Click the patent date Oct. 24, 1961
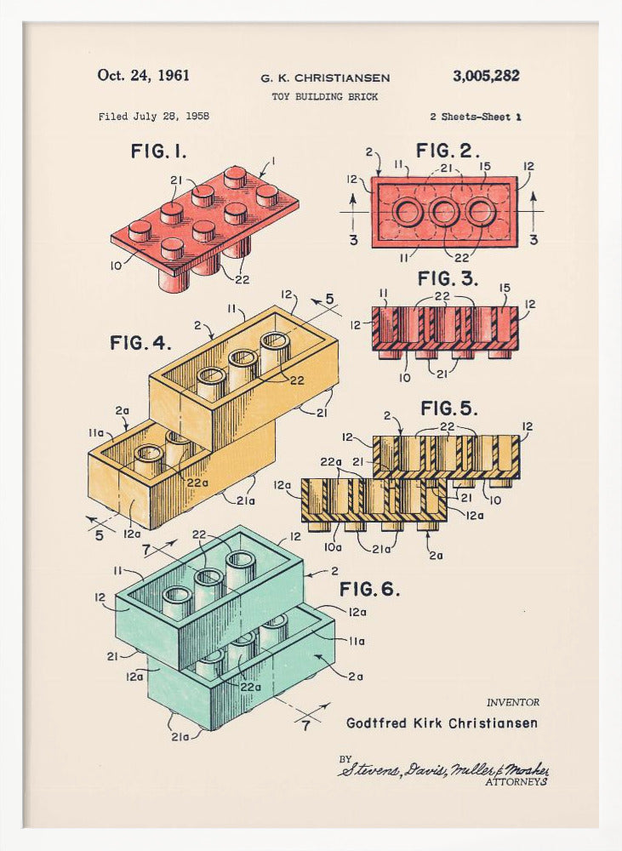tap(143, 76)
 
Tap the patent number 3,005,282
tap(486, 76)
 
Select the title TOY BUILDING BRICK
tap(325, 97)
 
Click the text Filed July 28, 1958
tap(153, 117)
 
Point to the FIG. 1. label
tap(158, 151)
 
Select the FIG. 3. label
tap(448, 278)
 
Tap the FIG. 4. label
tap(140, 343)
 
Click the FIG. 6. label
tap(369, 589)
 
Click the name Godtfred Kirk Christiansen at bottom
tap(442, 723)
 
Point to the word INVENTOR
tap(512, 702)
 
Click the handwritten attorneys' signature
tap(442, 768)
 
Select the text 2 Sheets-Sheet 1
tap(476, 117)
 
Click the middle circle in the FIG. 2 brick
tap(443, 212)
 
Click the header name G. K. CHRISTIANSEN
tap(325, 78)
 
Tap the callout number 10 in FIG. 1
tap(115, 266)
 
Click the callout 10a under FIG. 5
tap(334, 547)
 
